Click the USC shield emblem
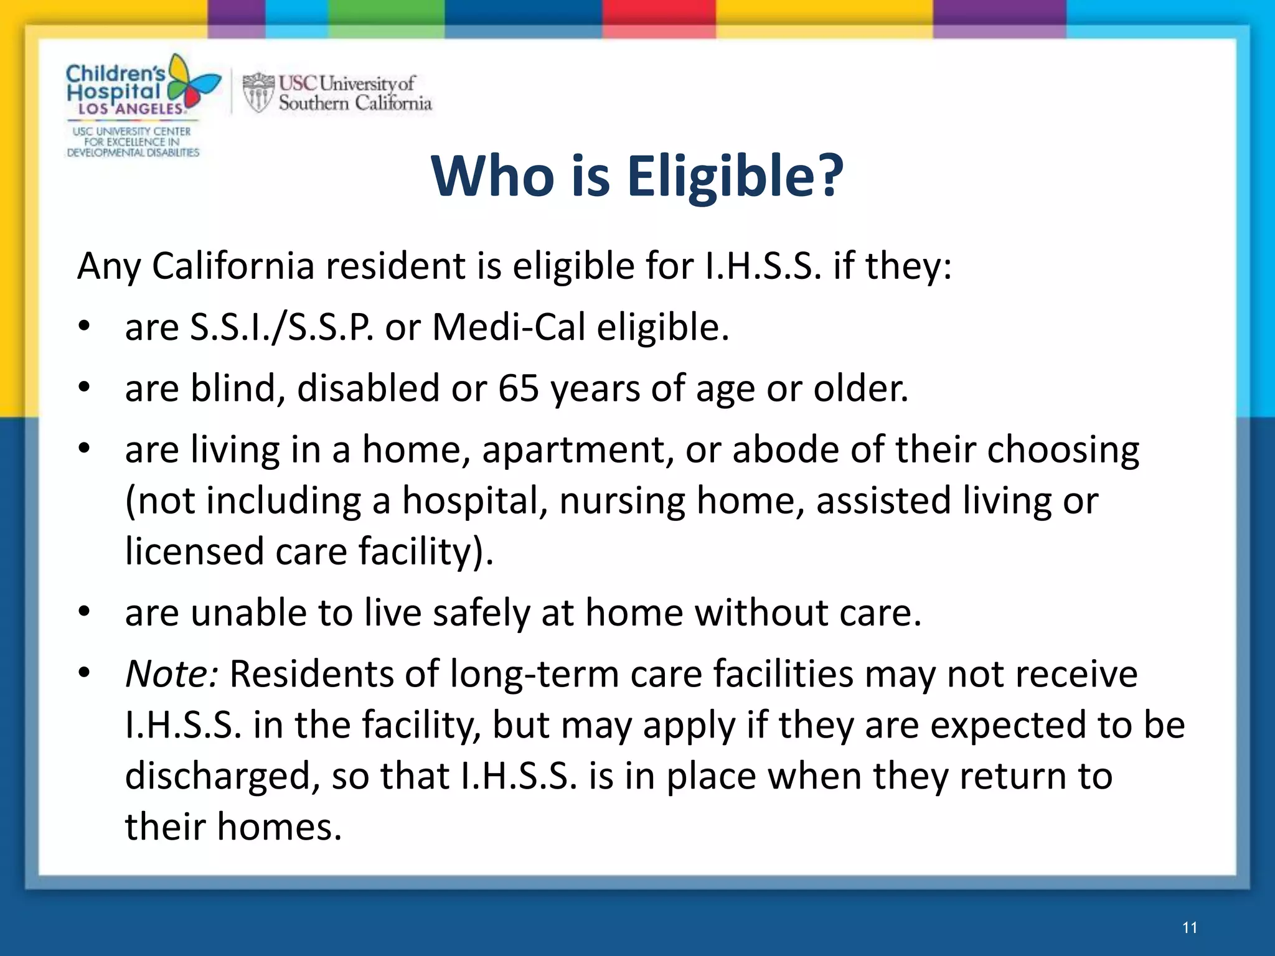(x=258, y=93)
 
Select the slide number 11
(x=1190, y=928)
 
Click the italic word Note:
(x=171, y=674)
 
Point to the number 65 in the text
(x=518, y=389)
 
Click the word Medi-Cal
(x=509, y=327)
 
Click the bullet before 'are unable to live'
(x=85, y=613)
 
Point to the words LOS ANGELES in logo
(x=131, y=109)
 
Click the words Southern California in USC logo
(x=355, y=103)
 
